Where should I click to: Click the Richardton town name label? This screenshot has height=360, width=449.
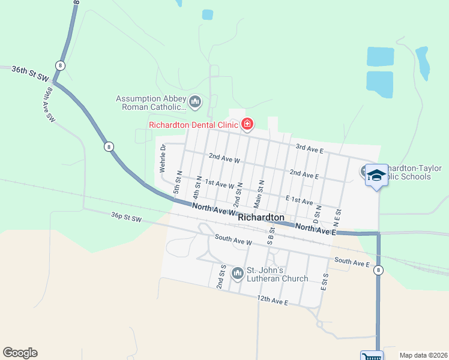[261, 217]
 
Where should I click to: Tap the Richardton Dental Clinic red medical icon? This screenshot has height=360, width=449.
[247, 124]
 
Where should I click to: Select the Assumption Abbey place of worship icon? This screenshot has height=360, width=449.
[194, 103]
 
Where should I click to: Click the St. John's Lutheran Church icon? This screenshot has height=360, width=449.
[238, 274]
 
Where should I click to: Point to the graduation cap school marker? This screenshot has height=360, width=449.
[376, 175]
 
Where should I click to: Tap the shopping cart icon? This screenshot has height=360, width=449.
[371, 356]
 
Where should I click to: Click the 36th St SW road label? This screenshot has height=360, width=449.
[29, 73]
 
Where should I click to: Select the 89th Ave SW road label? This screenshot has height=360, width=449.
[49, 104]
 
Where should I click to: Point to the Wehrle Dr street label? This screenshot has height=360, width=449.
[162, 158]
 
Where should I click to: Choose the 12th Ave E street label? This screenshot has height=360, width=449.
[271, 300]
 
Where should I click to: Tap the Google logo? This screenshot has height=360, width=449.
[20, 353]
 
